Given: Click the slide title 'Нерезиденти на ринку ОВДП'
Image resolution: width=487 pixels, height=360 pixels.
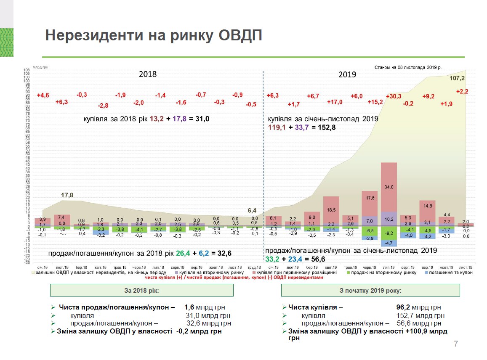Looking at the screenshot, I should pyautogui.click(x=154, y=36).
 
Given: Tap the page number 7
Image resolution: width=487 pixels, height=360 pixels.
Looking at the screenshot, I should pyautogui.click(x=455, y=344).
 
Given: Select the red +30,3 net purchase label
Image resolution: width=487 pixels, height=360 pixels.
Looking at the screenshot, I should pyautogui.click(x=394, y=96).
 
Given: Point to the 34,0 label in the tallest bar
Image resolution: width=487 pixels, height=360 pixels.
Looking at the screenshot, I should pyautogui.click(x=389, y=187).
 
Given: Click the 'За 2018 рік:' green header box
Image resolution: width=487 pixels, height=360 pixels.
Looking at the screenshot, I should pyautogui.click(x=142, y=291).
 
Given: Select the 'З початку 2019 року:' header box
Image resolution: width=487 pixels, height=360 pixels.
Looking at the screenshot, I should pyautogui.click(x=370, y=291).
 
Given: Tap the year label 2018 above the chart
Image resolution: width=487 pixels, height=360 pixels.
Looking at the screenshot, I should pyautogui.click(x=148, y=74).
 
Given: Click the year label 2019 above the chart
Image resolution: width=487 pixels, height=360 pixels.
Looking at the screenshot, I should pyautogui.click(x=347, y=74).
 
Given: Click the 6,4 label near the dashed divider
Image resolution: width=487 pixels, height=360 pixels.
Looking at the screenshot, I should pyautogui.click(x=252, y=210).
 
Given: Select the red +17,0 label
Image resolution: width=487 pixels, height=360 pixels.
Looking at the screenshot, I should pyautogui.click(x=335, y=102).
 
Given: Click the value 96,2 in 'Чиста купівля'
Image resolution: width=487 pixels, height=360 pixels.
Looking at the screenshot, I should pyautogui.click(x=397, y=307).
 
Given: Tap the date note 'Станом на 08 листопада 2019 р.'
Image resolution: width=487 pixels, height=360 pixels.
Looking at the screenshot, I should pyautogui.click(x=407, y=67).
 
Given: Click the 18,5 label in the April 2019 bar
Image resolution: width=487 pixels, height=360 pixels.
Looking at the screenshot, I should pyautogui.click(x=332, y=209).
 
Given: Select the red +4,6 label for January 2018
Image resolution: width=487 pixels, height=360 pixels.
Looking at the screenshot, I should pyautogui.click(x=43, y=95).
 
